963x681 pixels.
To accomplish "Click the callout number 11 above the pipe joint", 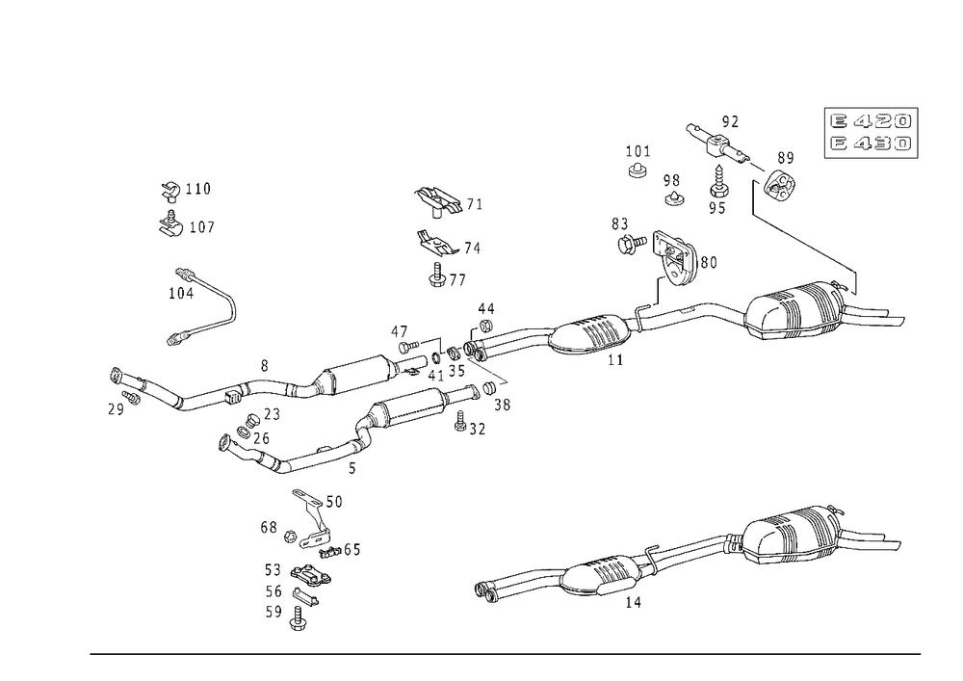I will click(x=488, y=308).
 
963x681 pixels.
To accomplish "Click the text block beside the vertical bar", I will click(x=869, y=133).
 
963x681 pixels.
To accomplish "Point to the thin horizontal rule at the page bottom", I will click(x=506, y=653).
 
